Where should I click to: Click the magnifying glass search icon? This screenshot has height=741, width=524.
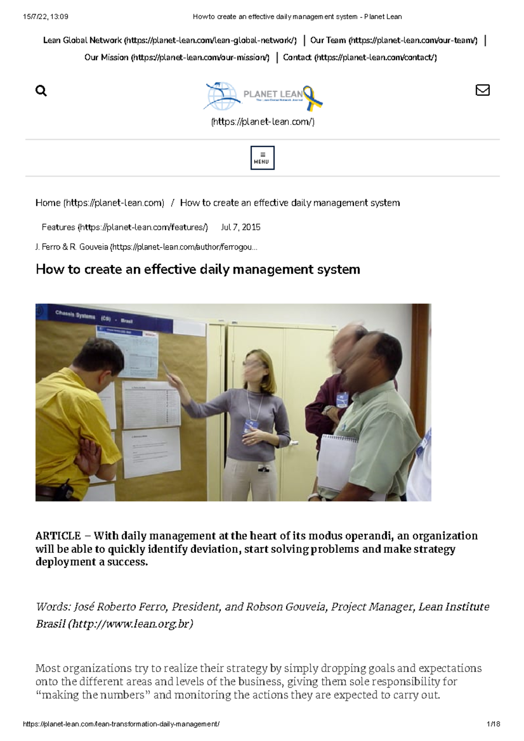click(41, 91)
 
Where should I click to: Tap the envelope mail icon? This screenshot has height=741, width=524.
click(482, 90)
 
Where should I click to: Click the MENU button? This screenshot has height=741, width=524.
click(262, 158)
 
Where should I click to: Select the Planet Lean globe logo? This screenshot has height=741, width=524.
click(222, 96)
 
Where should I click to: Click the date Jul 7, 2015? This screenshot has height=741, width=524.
click(241, 227)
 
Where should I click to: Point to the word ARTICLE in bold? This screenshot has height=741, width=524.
click(58, 536)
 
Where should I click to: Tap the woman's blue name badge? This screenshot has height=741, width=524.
click(252, 425)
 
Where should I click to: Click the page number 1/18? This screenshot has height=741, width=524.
click(493, 724)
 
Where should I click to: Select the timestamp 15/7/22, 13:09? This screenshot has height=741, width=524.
click(45, 17)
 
